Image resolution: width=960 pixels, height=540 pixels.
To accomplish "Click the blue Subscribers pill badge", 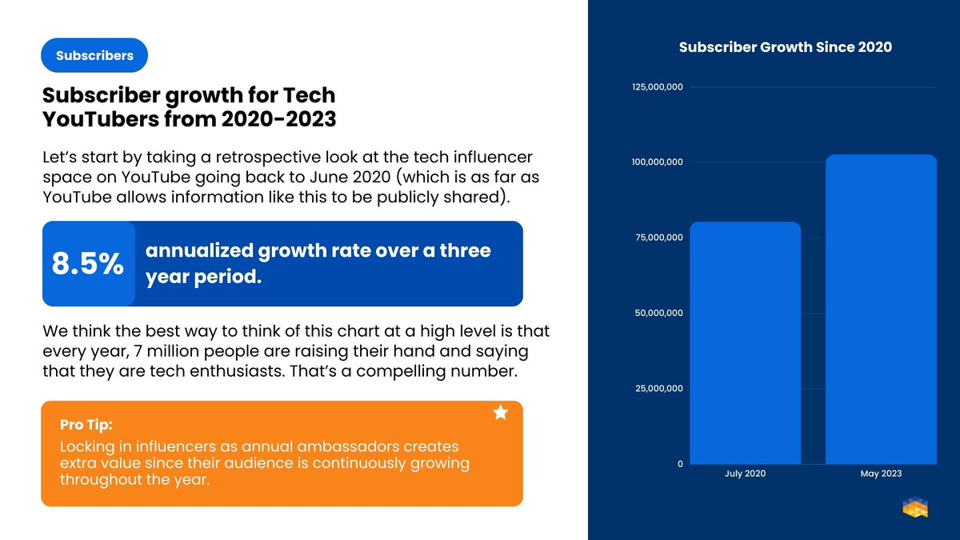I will [x=94, y=56].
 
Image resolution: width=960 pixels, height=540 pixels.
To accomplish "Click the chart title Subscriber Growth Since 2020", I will [x=785, y=47].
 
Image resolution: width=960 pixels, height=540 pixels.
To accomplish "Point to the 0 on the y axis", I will [x=680, y=464].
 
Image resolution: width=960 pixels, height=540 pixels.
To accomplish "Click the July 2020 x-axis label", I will [x=745, y=474].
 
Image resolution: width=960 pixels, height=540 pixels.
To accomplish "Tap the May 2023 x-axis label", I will [x=881, y=474].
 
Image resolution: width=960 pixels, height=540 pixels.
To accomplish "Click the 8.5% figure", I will [x=88, y=265].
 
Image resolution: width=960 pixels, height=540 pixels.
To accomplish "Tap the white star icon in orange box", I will [x=501, y=413].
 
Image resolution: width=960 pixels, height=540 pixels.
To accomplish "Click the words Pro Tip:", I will [x=91, y=424].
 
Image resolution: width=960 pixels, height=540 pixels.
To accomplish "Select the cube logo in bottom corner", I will [x=914, y=508].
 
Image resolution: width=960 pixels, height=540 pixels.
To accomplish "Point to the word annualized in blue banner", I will [x=199, y=250].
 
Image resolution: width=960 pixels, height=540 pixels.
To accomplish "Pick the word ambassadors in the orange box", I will [x=328, y=447].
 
